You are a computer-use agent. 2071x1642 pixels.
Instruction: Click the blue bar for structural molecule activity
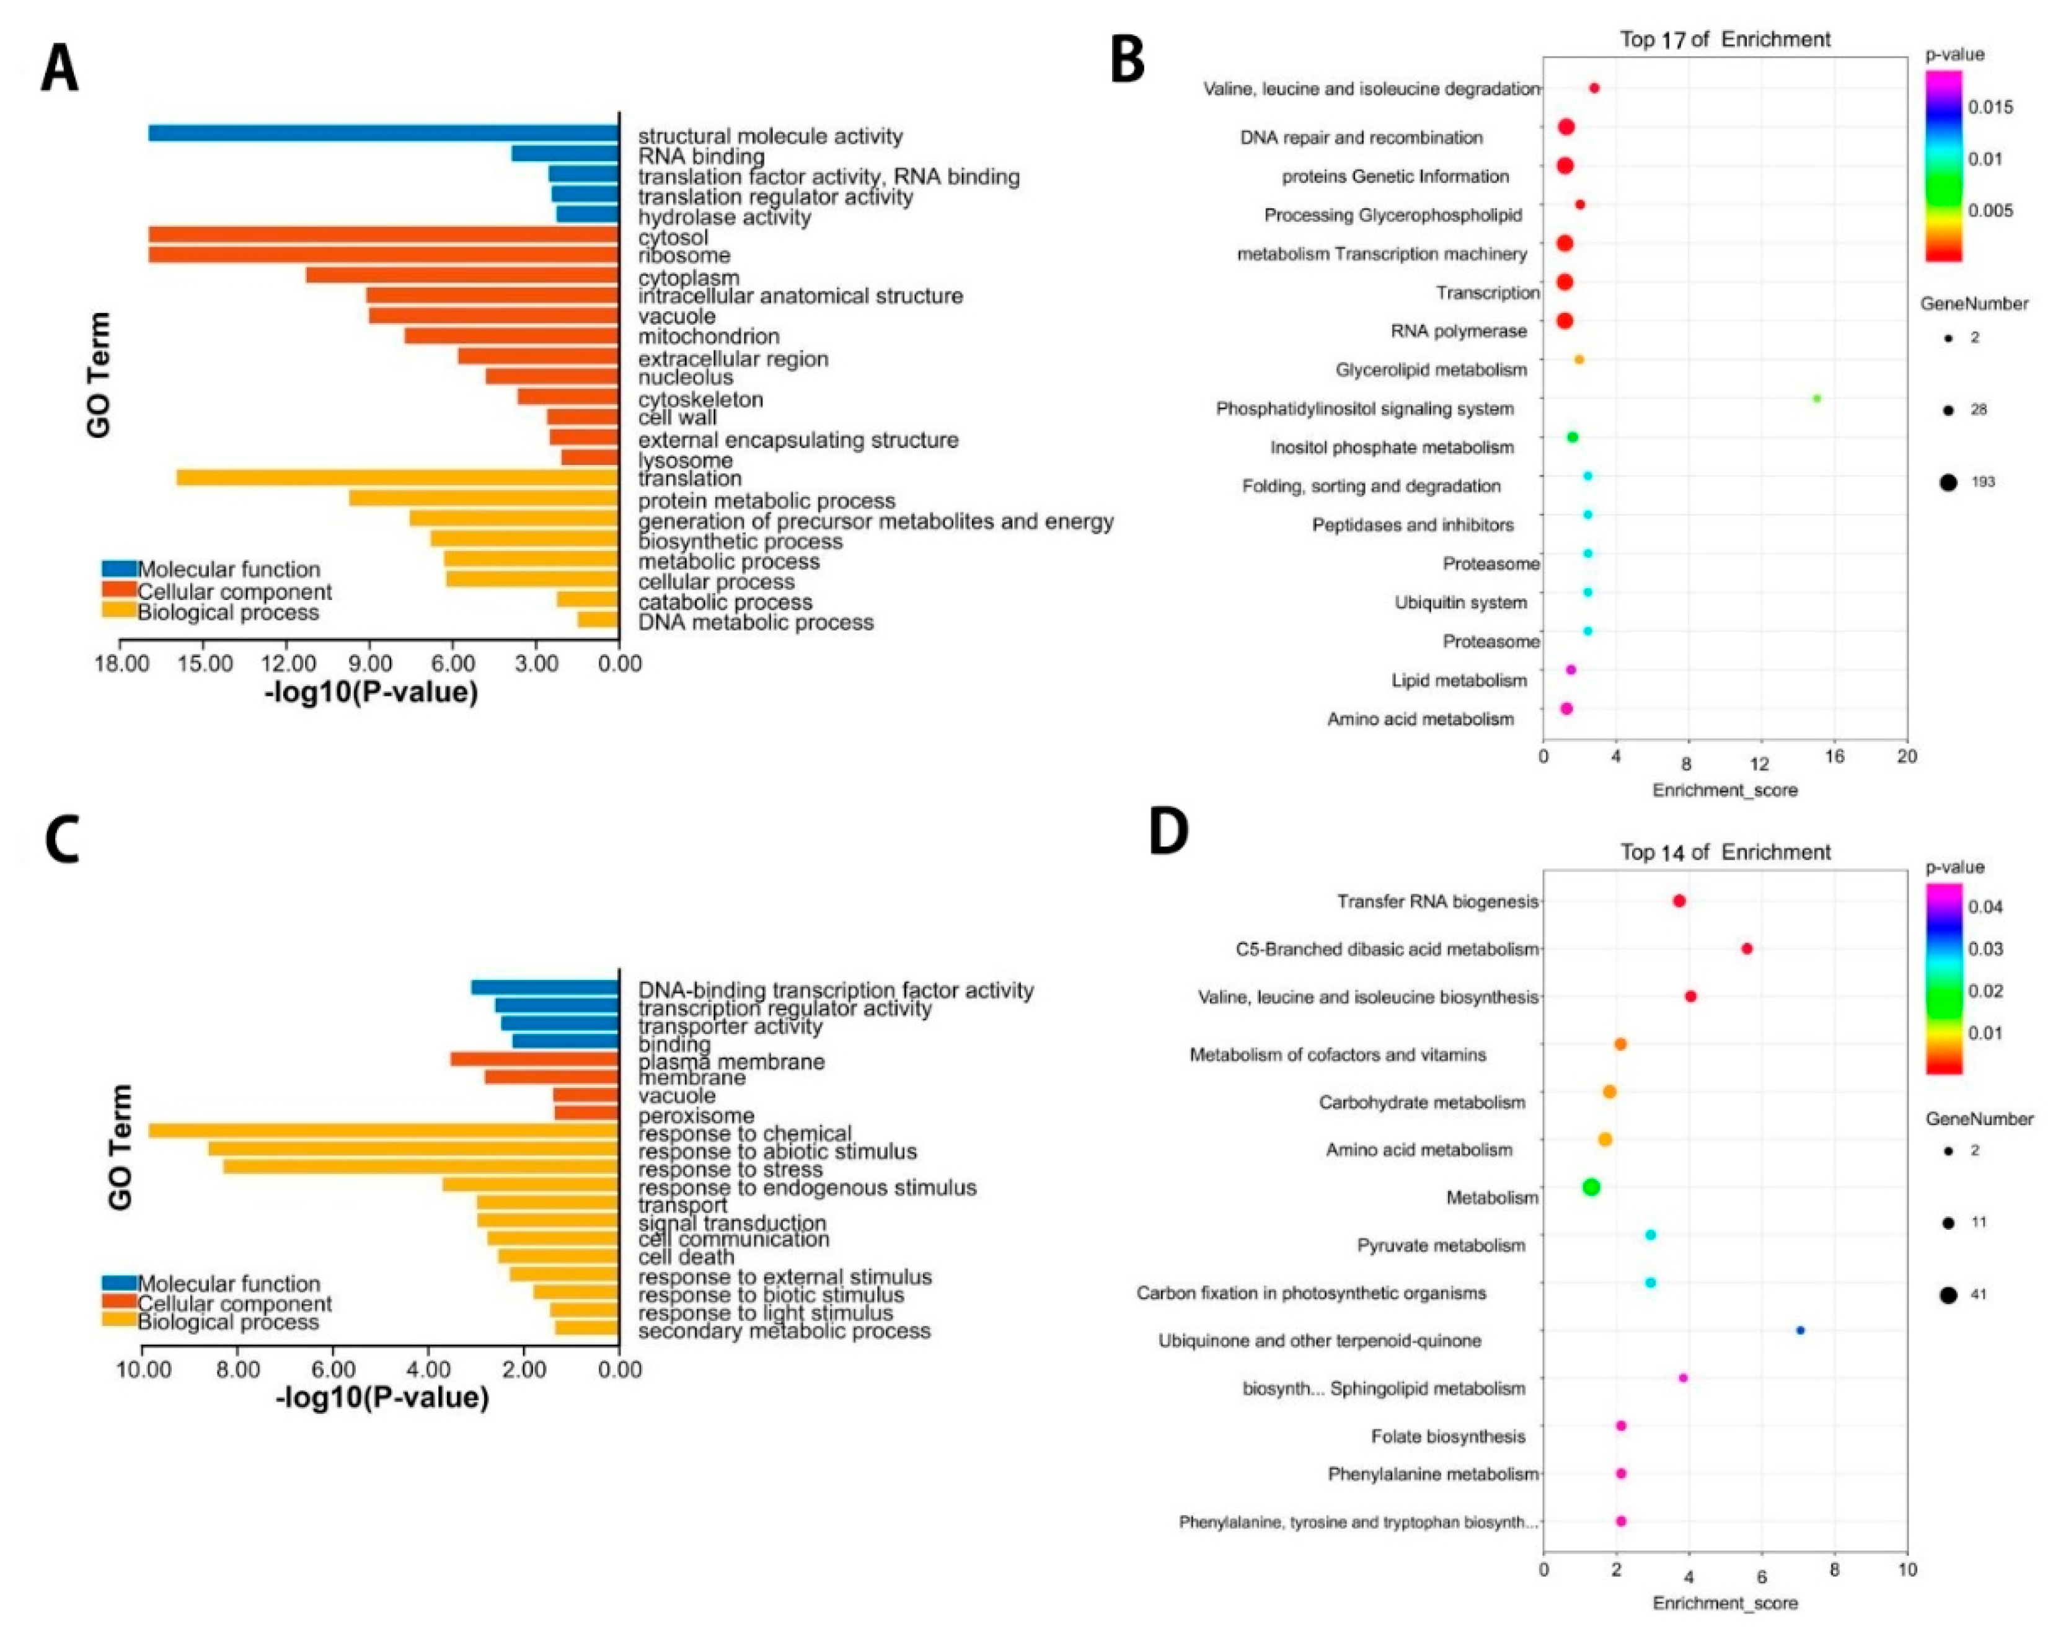coord(383,133)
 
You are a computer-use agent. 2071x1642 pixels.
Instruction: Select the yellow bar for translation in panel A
coord(398,477)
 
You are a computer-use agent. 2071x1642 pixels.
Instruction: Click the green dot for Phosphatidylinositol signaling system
coord(1816,399)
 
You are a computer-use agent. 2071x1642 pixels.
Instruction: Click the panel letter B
coord(1128,61)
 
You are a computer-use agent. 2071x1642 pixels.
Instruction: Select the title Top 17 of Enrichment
coord(1725,40)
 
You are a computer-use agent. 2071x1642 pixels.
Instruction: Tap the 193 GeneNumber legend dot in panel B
coord(1948,482)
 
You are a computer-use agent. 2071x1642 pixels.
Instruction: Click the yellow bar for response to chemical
coord(383,1131)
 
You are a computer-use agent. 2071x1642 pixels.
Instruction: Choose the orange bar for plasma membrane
coord(534,1059)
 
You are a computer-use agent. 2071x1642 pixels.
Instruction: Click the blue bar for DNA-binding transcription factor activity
coord(545,987)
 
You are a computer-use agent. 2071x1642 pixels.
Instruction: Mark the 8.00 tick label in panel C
coord(238,1369)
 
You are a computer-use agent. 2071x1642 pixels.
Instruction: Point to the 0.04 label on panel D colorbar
coord(1985,907)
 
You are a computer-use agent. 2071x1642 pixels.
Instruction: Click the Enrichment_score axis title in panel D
coord(1725,1602)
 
